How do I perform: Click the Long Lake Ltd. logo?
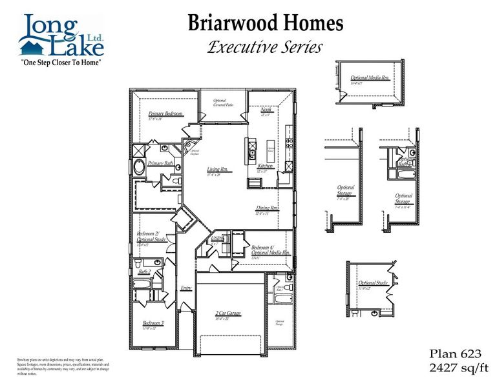tap(61, 36)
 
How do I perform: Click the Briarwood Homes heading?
tap(266, 23)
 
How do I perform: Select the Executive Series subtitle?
tap(265, 47)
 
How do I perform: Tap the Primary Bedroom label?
tap(165, 114)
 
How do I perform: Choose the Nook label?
tap(266, 110)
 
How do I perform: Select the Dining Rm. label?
tap(267, 208)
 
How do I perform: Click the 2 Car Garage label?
tap(227, 313)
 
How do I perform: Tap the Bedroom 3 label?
tap(153, 322)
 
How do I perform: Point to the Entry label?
tap(186, 288)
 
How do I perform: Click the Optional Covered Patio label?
tap(220, 102)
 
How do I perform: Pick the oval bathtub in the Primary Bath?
tap(140, 168)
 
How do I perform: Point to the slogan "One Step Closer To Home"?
tap(62, 63)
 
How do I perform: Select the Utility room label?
tap(217, 239)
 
